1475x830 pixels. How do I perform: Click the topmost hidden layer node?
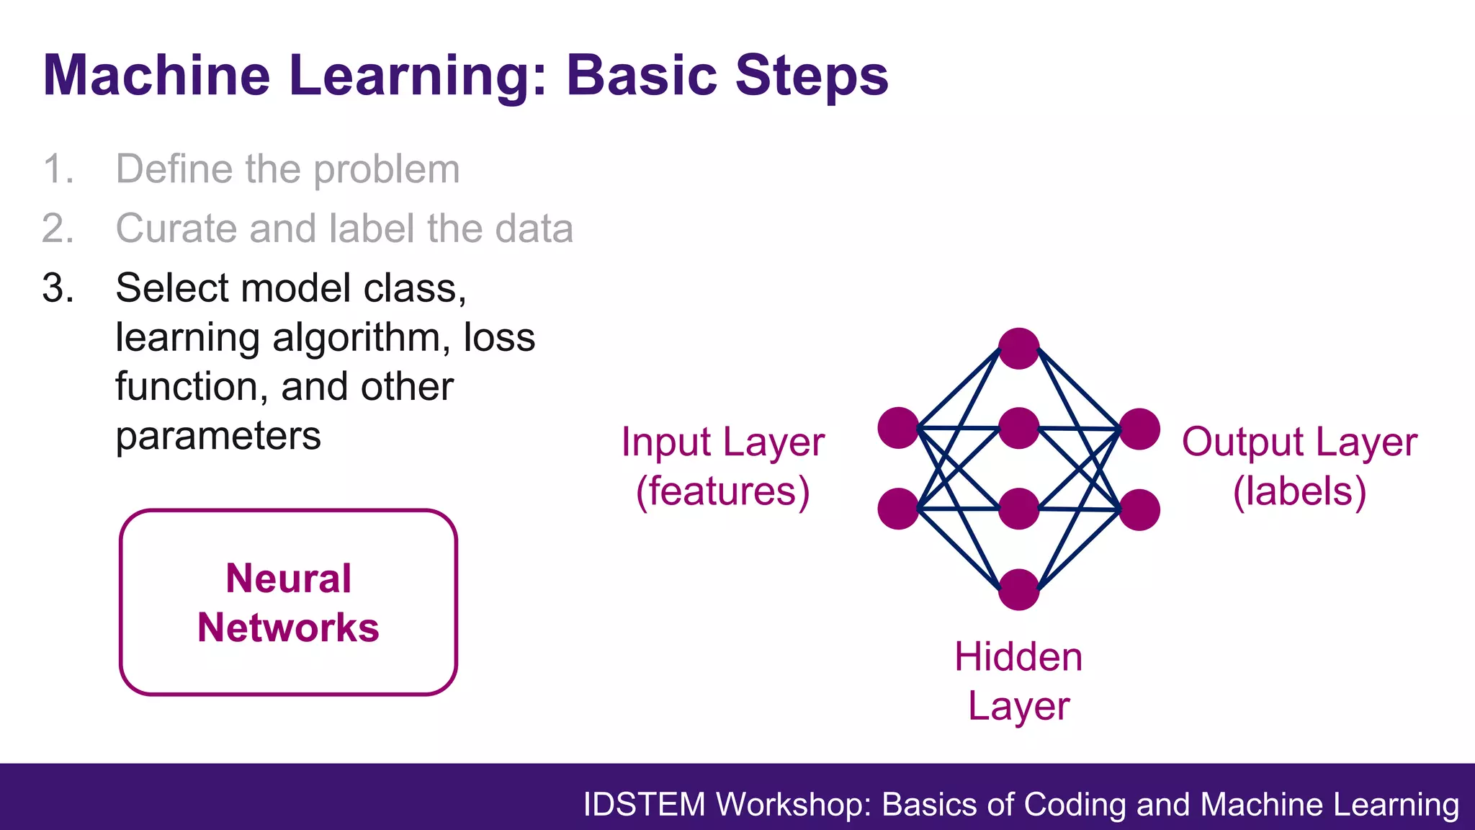click(x=1018, y=349)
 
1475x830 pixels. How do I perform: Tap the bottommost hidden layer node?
click(x=1018, y=589)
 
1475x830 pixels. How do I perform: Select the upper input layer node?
click(x=898, y=428)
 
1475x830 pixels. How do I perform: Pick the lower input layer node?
click(x=898, y=509)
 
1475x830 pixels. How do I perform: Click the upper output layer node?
click(x=1139, y=429)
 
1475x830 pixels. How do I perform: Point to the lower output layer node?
click(x=1139, y=509)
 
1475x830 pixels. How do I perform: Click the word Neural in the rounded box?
click(x=288, y=578)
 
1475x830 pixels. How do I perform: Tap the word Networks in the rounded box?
click(x=288, y=627)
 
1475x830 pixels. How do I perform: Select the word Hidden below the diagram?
click(x=1018, y=657)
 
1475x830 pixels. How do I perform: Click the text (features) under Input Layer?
click(x=723, y=491)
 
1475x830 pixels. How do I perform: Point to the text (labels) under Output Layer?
click(x=1299, y=491)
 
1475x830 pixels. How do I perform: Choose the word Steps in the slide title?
click(x=812, y=75)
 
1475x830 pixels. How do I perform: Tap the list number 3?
click(x=58, y=288)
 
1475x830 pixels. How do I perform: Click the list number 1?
click(x=58, y=169)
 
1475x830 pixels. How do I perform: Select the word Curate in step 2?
click(x=176, y=228)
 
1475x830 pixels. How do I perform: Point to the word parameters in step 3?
click(x=218, y=436)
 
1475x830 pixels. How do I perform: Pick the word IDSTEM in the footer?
click(x=644, y=804)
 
